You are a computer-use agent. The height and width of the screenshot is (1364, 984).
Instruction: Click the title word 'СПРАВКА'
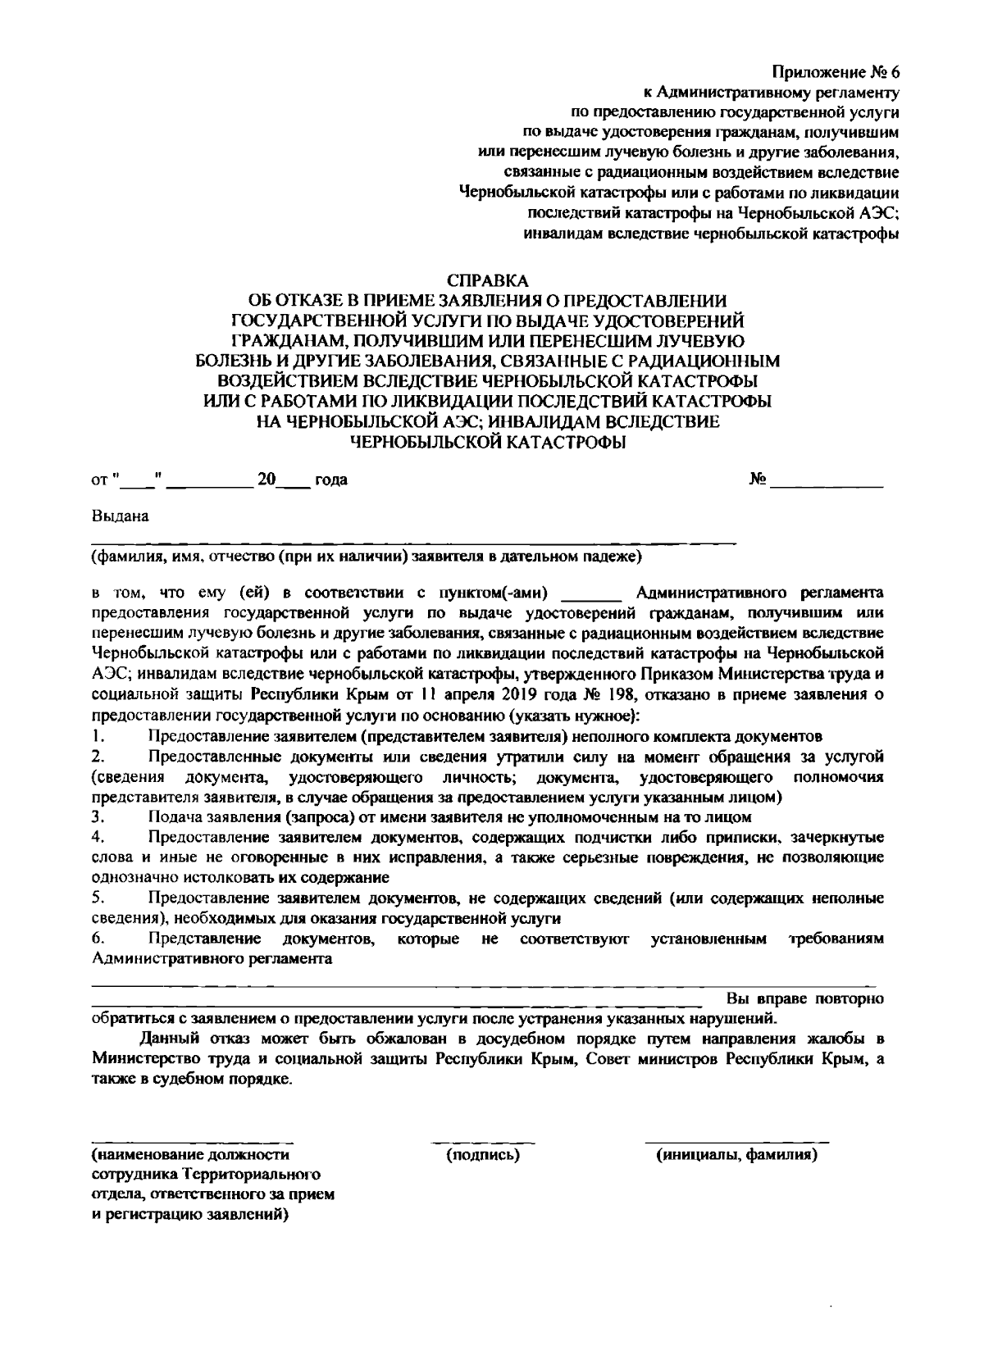490,281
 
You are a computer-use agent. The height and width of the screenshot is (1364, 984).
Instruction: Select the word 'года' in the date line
331,480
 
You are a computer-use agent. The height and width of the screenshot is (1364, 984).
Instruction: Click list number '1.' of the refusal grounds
98,735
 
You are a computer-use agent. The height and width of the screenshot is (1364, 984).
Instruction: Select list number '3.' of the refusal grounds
98,817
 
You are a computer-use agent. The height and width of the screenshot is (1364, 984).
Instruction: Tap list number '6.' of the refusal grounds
98,939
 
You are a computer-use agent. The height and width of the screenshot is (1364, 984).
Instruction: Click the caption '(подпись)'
483,1156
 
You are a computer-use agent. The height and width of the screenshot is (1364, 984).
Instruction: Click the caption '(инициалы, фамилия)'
736,1156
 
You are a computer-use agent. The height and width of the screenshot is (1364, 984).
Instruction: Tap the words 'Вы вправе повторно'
804,999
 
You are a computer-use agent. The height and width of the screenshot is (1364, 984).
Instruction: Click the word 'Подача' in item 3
173,817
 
